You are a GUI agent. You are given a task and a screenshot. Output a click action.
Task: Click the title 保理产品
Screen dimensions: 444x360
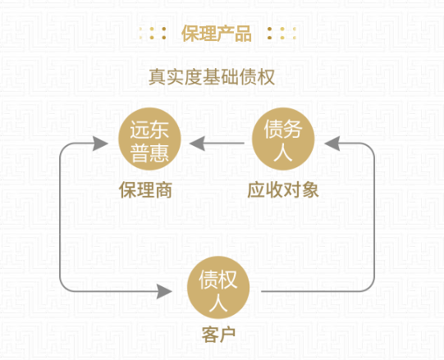tap(217, 34)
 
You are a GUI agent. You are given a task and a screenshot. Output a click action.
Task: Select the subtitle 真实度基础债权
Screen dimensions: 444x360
tap(212, 77)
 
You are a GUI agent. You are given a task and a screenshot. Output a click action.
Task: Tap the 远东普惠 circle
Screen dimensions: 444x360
tap(149, 139)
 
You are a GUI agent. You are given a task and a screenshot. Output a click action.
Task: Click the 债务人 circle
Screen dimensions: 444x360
tap(283, 139)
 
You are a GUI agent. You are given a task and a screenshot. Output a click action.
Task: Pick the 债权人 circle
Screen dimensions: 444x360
tap(218, 288)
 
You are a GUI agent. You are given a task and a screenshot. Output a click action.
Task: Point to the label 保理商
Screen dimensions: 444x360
tap(145, 190)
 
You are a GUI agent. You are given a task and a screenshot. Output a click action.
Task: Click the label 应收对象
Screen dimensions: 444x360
tap(283, 190)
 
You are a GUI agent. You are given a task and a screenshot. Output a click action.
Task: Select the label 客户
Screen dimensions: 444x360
tap(218, 335)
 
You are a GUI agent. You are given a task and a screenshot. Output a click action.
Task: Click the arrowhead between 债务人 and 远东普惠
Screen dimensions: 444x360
tap(197, 144)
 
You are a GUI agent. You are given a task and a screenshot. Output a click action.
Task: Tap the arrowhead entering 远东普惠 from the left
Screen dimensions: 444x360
tap(100, 144)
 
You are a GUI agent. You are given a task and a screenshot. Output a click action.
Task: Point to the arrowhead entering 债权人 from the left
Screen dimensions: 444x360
tap(164, 291)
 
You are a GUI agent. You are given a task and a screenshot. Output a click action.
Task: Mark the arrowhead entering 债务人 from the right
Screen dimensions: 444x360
tap(332, 144)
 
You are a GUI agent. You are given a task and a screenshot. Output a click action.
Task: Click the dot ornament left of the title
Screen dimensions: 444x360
tap(153, 34)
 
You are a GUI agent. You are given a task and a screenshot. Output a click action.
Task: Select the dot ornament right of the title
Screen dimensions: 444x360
tap(282, 34)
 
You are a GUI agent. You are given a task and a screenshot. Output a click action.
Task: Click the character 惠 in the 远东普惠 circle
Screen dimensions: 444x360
tap(159, 153)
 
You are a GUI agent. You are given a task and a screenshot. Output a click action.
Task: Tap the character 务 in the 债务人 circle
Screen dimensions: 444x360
tap(293, 129)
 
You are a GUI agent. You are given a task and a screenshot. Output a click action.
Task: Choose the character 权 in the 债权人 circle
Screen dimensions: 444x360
tap(227, 280)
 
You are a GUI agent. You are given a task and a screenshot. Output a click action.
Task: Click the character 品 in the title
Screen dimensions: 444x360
tap(243, 34)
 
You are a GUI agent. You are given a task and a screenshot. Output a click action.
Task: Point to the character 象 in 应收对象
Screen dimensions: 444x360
tap(310, 190)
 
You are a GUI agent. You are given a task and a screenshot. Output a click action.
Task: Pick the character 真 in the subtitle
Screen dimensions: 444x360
tap(158, 77)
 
